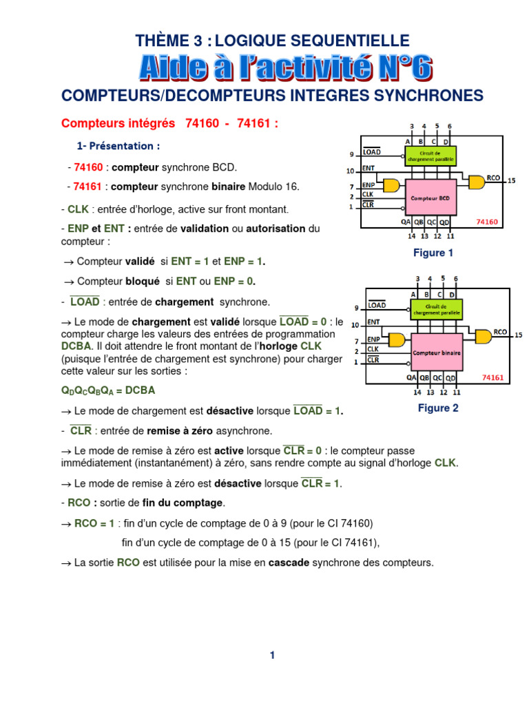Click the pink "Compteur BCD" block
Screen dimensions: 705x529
[431, 198]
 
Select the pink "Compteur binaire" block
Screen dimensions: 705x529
[437, 352]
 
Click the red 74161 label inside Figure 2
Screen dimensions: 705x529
[493, 377]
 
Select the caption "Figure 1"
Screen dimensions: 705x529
[433, 253]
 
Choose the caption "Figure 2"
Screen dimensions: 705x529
[438, 408]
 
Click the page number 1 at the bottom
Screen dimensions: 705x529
[273, 655]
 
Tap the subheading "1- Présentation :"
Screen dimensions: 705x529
[118, 146]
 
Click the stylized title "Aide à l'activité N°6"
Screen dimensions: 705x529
[285, 67]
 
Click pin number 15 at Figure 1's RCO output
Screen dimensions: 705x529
[511, 181]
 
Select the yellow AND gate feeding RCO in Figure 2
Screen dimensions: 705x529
[483, 335]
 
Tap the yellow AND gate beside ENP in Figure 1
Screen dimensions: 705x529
[392, 185]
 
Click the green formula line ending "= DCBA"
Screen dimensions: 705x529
[108, 390]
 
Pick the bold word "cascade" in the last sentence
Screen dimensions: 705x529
[289, 562]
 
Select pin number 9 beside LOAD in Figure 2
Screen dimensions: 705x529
[355, 307]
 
